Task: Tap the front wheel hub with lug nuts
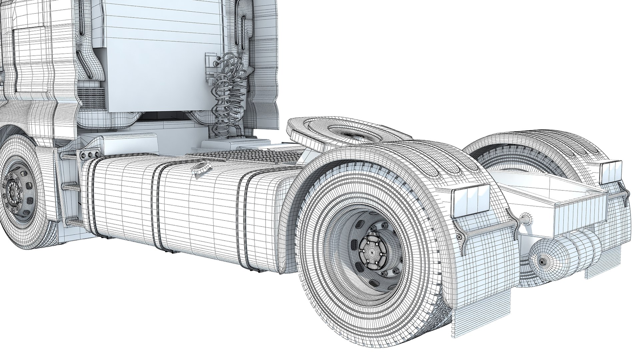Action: (x=13, y=192)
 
